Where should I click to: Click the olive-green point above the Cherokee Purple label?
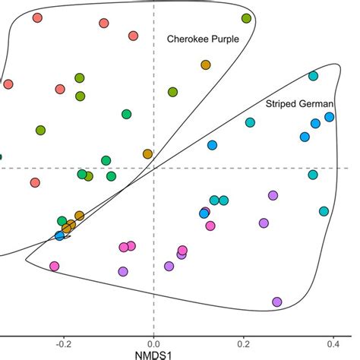pyautogui.click(x=246, y=17)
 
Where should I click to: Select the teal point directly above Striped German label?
pyautogui.click(x=313, y=76)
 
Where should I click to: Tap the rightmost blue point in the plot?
pyautogui.click(x=329, y=117)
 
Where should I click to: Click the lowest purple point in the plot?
pyautogui.click(x=276, y=302)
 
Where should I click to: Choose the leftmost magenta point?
pyautogui.click(x=54, y=266)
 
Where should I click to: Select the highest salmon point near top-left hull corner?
pyautogui.click(x=37, y=19)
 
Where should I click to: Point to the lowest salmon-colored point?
pyautogui.click(x=35, y=183)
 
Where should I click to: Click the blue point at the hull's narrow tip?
pyautogui.click(x=60, y=236)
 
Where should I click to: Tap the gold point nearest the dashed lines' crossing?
pyautogui.click(x=147, y=154)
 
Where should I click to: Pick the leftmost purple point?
pyautogui.click(x=123, y=271)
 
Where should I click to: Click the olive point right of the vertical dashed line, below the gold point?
pyautogui.click(x=172, y=92)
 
